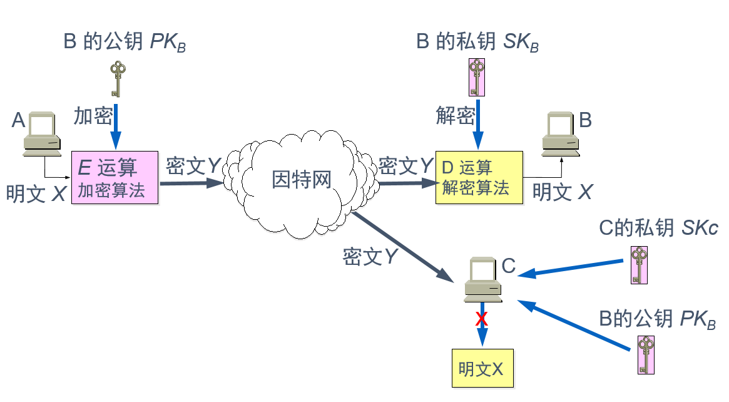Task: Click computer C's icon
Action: tap(483, 277)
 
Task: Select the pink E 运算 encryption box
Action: tap(116, 177)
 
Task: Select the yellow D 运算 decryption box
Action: tap(479, 177)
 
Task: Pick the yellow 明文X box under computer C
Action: tap(482, 368)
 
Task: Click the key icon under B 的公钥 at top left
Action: tap(116, 78)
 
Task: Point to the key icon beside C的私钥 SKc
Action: tap(639, 265)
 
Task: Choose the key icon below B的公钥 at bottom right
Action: tap(646, 354)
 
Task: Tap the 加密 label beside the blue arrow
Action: tap(93, 116)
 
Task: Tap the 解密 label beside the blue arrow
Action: tap(455, 116)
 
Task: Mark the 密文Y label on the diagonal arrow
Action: tap(371, 257)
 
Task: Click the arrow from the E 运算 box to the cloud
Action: tap(191, 183)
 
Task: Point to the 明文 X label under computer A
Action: tap(36, 193)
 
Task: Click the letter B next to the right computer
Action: tap(585, 120)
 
